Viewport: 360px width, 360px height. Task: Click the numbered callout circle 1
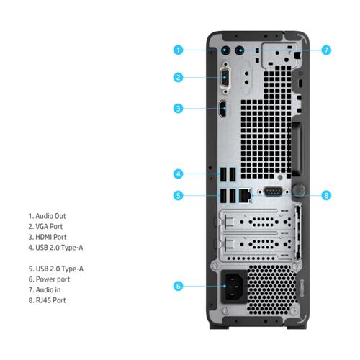click(178, 50)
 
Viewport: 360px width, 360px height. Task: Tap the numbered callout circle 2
click(178, 78)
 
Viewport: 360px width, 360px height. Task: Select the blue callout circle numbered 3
click(178, 109)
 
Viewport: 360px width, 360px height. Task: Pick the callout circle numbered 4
click(178, 174)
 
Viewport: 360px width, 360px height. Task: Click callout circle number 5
click(178, 195)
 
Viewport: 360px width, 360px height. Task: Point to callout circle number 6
click(178, 286)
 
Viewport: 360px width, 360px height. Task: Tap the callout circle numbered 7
click(326, 50)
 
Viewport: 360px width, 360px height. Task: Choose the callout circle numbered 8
click(326, 195)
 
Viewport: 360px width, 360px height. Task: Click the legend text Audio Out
click(50, 216)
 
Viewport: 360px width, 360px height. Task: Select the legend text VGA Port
click(49, 226)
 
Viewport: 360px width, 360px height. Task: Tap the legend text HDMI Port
click(51, 237)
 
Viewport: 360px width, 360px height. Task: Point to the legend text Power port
click(53, 279)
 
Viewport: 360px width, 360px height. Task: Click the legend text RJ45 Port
click(50, 300)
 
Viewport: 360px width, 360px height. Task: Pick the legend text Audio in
click(48, 289)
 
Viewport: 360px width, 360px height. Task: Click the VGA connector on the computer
click(225, 78)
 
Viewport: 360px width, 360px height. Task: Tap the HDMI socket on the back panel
click(223, 109)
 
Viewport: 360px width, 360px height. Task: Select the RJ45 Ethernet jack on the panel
click(245, 196)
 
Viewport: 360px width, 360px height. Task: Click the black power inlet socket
click(234, 287)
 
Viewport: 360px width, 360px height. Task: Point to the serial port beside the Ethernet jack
click(273, 192)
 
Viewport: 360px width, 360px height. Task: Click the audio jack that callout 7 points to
click(240, 50)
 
